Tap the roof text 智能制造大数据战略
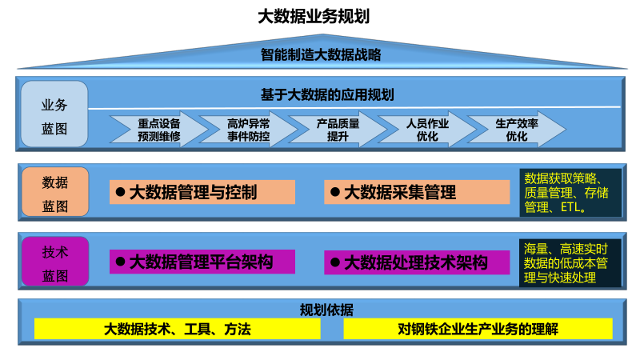click(320, 55)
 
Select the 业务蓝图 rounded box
click(54, 114)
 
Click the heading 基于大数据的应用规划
click(327, 94)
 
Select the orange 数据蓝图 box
click(54, 192)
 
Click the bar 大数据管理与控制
click(202, 192)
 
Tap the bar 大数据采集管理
click(417, 192)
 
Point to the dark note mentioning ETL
click(570, 192)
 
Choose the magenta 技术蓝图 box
click(54, 262)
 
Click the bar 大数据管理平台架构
click(202, 262)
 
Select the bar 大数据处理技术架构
click(417, 262)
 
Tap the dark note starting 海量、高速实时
click(570, 262)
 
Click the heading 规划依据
click(326, 310)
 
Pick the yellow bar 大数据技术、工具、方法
click(178, 329)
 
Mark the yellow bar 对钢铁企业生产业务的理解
click(478, 329)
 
